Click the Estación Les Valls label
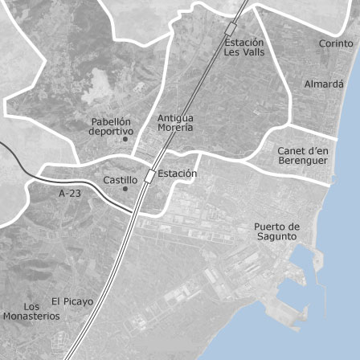(243, 47)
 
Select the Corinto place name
(336, 43)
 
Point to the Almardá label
(324, 84)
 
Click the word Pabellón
(111, 122)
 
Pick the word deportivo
(111, 131)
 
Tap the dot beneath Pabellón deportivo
(125, 140)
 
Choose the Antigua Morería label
(175, 122)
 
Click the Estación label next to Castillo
(177, 174)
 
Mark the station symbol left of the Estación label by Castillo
(149, 176)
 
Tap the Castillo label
(121, 181)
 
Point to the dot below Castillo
(125, 190)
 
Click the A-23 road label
(70, 194)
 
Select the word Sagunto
(277, 237)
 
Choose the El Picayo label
(72, 301)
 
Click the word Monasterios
(31, 317)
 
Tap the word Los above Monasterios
(31, 307)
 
